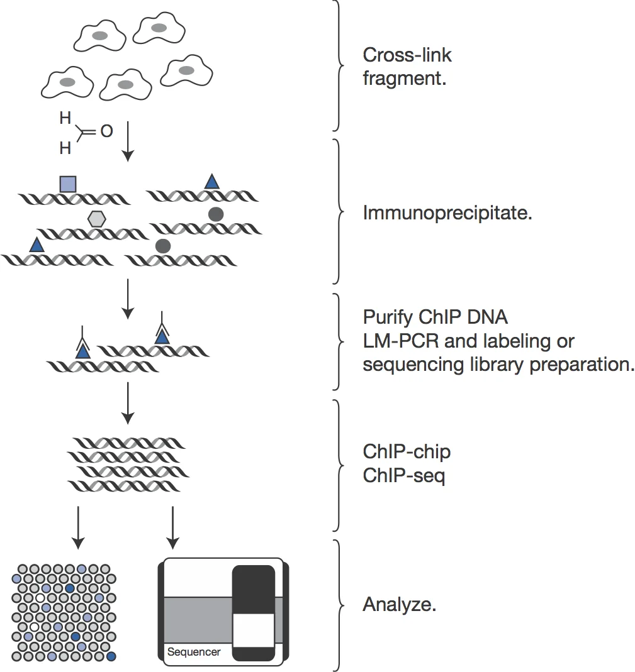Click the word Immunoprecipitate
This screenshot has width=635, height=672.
447,213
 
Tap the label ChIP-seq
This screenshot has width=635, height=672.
403,476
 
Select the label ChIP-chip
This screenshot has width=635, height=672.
406,451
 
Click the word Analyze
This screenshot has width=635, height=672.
399,605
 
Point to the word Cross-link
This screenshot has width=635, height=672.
407,55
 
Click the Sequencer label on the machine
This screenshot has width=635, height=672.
194,652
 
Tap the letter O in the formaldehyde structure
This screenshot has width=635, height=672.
106,131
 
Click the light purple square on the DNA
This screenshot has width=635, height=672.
68,184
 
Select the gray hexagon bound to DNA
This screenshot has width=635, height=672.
97,218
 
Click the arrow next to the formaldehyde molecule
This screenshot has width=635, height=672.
128,141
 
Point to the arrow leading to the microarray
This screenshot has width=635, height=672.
77,525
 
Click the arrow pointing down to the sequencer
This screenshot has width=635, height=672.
172,525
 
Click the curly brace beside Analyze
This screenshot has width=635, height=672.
340,605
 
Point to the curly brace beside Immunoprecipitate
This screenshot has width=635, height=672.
340,211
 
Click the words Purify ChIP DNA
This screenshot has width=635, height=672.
435,316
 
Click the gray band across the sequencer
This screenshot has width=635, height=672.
195,620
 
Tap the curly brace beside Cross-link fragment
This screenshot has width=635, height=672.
340,65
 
